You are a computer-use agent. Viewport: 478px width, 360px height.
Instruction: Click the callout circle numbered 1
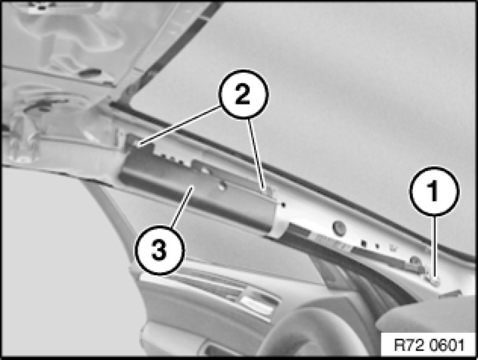[434, 191]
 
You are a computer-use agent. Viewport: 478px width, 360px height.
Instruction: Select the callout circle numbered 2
[243, 94]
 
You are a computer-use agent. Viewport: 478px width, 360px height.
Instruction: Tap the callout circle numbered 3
[159, 250]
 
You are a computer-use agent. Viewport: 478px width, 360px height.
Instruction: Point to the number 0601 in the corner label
[447, 345]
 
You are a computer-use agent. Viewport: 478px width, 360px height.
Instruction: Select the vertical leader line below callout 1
[435, 246]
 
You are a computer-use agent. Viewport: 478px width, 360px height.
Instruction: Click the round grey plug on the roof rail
[339, 227]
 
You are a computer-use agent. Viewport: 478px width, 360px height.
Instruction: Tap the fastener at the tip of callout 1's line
[436, 281]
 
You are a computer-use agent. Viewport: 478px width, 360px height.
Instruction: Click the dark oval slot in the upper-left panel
[90, 73]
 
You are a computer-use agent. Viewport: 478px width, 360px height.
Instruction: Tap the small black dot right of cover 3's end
[284, 205]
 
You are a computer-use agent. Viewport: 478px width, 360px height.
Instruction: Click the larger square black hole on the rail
[363, 244]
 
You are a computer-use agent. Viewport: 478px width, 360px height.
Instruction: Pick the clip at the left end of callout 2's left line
[134, 142]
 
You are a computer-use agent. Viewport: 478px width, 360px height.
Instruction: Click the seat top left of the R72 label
[427, 317]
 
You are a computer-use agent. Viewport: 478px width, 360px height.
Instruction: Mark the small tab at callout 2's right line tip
[268, 191]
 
